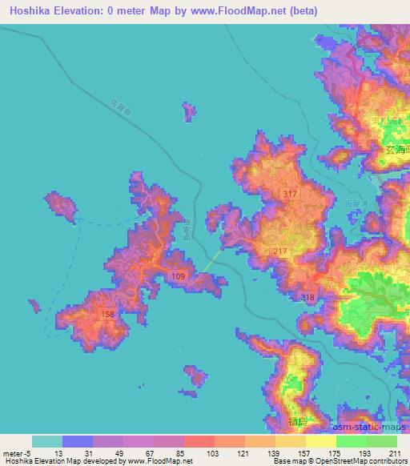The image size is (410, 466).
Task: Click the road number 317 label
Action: [x=291, y=195]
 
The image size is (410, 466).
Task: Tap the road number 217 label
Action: [x=279, y=251]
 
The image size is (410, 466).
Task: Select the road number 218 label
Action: [x=308, y=297]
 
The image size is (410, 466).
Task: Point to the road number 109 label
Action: [x=179, y=276]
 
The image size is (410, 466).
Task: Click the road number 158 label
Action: [x=108, y=315]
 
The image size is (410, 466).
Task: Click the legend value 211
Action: [x=395, y=453]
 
